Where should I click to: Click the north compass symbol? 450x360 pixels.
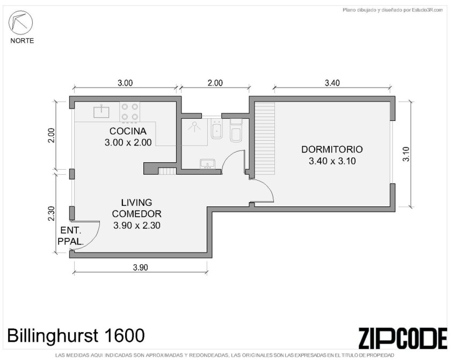click(x=20, y=23)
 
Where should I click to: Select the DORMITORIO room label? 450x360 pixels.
click(x=332, y=149)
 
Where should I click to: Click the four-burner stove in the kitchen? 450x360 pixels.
click(x=130, y=112)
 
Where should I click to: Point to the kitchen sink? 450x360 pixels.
click(x=101, y=112)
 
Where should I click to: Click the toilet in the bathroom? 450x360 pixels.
click(x=236, y=131)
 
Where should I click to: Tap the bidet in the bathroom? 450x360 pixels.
click(x=217, y=129)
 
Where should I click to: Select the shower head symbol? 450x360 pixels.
click(x=194, y=127)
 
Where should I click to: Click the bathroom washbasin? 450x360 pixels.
click(x=207, y=164)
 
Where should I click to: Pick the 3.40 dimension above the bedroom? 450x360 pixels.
click(x=332, y=83)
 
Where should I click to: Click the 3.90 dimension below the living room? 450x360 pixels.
click(x=141, y=268)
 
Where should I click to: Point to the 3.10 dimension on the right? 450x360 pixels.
click(x=406, y=154)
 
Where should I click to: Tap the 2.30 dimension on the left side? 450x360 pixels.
click(x=52, y=214)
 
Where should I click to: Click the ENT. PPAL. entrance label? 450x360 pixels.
click(x=70, y=236)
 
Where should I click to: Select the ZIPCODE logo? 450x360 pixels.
click(x=403, y=338)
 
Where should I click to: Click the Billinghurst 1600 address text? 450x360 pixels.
click(x=76, y=335)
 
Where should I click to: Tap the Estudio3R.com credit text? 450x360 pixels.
click(x=427, y=10)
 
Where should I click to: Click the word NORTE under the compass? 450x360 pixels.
click(x=22, y=41)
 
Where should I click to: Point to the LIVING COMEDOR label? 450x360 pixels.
click(x=136, y=208)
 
